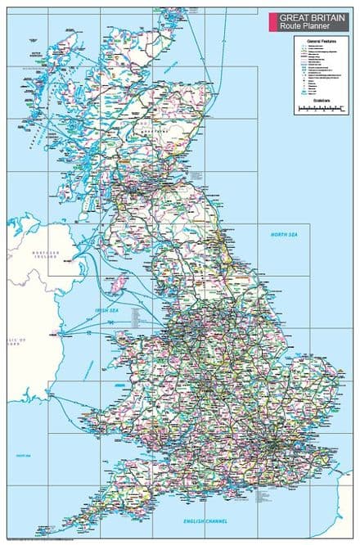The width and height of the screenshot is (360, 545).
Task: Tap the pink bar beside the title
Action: [272, 20]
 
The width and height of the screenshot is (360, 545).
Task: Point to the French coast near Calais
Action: [344, 491]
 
